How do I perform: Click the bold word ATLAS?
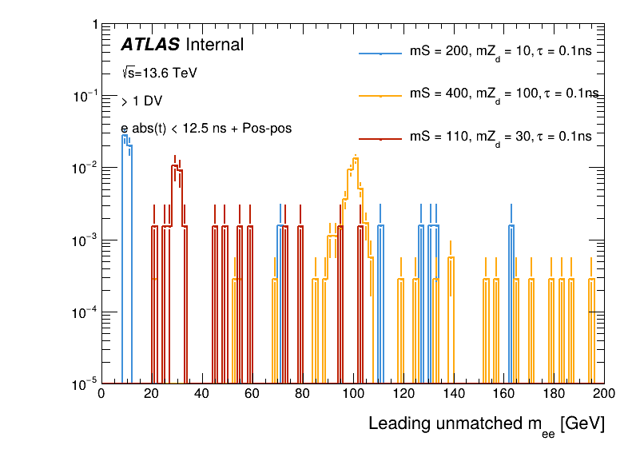point(150,46)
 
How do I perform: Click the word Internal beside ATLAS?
point(214,46)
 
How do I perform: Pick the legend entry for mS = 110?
point(500,137)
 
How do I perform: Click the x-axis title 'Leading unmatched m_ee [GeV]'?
point(486,424)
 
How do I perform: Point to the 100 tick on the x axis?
point(352,393)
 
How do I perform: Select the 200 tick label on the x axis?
point(604,393)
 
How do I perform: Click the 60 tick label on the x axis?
point(252,393)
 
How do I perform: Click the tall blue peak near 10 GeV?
point(125,137)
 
